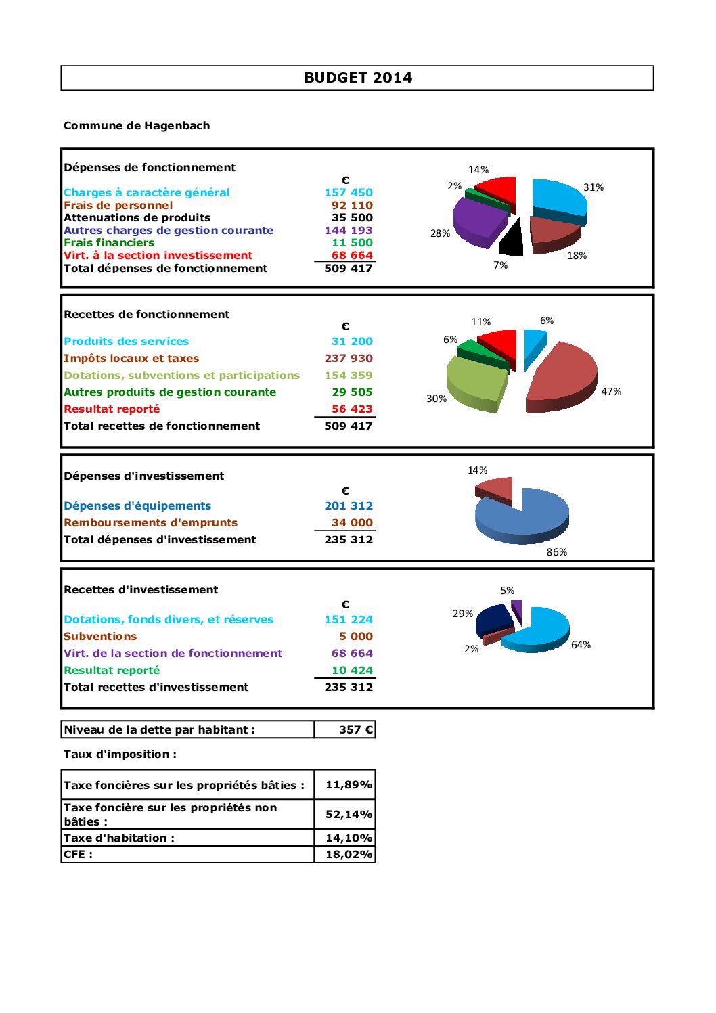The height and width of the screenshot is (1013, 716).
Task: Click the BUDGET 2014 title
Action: [x=357, y=78]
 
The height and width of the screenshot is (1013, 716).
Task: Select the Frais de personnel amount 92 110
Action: [x=352, y=205]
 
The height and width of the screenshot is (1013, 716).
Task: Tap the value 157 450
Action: [x=349, y=193]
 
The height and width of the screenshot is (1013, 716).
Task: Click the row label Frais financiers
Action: [x=109, y=243]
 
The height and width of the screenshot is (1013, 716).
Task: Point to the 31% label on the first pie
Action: [x=594, y=187]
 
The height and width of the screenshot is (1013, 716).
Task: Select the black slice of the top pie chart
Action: [x=512, y=240]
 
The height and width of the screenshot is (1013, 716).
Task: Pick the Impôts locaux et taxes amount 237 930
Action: [x=349, y=359]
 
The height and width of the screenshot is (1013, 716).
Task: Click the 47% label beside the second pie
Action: [x=611, y=392]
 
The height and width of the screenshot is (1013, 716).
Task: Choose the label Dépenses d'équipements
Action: [x=137, y=506]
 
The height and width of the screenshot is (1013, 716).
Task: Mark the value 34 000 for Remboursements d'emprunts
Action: [x=352, y=523]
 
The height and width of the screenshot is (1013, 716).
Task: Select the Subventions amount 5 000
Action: [x=356, y=637]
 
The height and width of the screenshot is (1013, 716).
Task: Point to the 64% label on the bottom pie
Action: [x=581, y=645]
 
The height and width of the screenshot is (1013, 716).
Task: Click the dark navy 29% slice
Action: [x=494, y=619]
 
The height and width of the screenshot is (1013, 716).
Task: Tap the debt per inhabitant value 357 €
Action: [x=356, y=730]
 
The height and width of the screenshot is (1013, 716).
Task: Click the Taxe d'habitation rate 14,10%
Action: [x=349, y=838]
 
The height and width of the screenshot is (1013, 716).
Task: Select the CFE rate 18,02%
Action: [x=349, y=855]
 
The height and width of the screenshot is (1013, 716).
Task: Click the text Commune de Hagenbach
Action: [x=137, y=126]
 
